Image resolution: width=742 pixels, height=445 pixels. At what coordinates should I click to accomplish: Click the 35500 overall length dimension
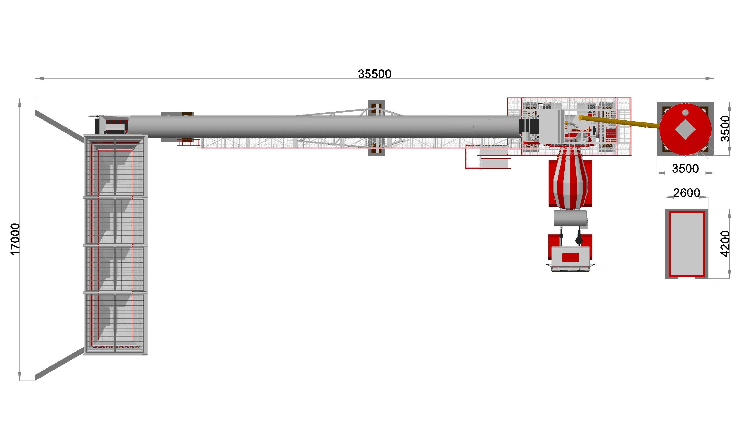tap(374, 74)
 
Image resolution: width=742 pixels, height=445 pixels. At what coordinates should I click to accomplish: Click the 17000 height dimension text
tap(15, 239)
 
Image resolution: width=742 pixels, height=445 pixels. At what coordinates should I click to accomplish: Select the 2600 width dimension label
tap(687, 193)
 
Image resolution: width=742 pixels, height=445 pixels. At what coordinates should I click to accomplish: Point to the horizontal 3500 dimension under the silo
tap(685, 169)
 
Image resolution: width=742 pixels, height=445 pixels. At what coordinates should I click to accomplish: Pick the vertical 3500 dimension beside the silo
tap(725, 128)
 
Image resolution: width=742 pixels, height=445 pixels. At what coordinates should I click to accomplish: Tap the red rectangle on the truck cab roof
tap(570, 257)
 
